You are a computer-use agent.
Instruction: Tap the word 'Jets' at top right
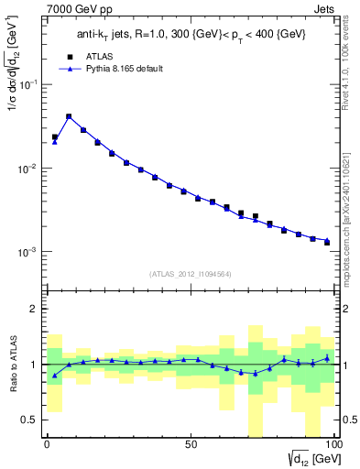point(324,10)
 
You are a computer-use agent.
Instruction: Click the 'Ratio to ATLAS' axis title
point(12,364)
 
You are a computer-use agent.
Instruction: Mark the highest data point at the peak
point(69,117)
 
